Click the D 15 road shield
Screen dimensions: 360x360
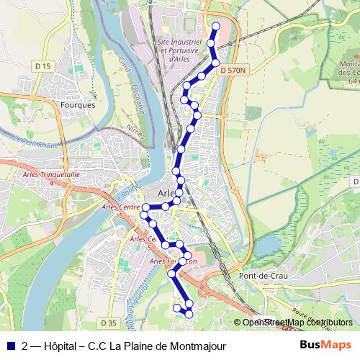click(44, 66)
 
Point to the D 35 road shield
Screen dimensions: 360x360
click(109, 323)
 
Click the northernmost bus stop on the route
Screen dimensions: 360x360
click(215, 27)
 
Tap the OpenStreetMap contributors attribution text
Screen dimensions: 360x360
click(297, 323)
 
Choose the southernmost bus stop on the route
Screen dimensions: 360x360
click(189, 313)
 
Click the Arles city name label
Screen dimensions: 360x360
click(167, 193)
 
